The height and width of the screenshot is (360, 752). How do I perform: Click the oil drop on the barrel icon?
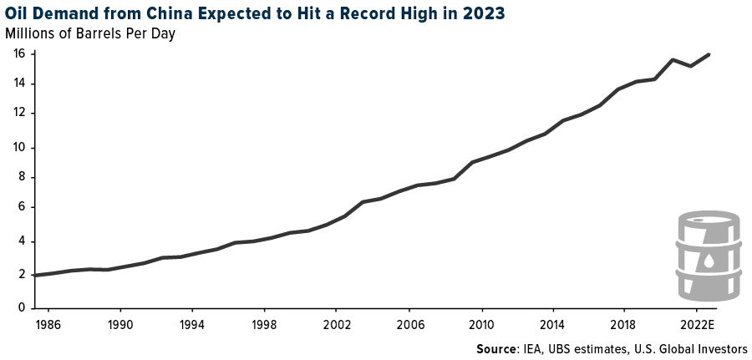pos(709,261)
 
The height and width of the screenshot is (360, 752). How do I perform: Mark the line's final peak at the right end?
pos(709,55)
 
